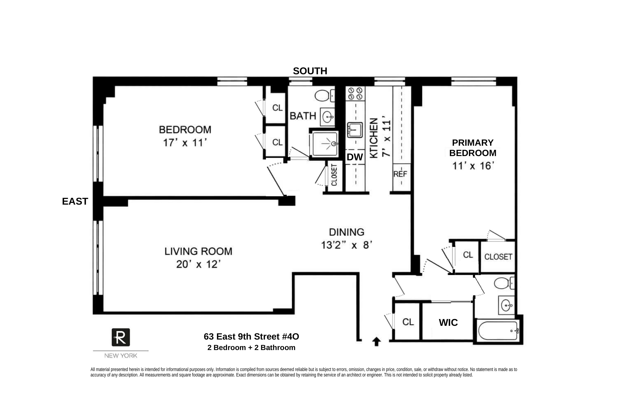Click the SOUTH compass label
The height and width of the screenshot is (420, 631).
coord(310,71)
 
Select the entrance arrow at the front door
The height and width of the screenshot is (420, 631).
coord(376,341)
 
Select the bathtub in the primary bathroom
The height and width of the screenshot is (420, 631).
coord(498,331)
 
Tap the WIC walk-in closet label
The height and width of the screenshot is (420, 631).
coord(448,323)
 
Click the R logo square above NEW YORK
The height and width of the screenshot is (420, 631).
coord(121,337)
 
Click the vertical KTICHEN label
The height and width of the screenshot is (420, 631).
coord(374,138)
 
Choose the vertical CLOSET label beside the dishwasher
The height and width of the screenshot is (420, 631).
coord(334,175)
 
